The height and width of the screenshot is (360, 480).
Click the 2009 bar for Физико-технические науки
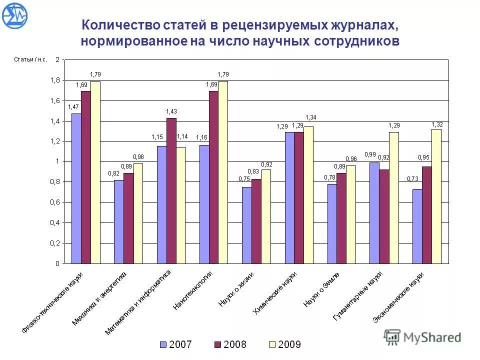(x=95, y=172)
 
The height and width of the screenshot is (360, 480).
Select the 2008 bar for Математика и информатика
(x=171, y=190)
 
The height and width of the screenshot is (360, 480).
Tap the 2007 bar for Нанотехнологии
(x=204, y=204)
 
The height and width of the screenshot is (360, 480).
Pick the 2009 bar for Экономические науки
(x=436, y=196)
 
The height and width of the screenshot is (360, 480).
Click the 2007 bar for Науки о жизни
(x=247, y=225)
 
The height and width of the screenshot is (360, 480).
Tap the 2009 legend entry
(x=284, y=344)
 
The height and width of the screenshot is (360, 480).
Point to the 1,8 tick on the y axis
(x=55, y=80)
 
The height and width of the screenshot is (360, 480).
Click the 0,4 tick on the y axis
(x=55, y=222)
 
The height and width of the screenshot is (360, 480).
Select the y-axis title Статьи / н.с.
(x=30, y=59)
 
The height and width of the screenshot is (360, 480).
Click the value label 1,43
(x=171, y=111)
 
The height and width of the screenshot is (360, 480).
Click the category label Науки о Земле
(x=322, y=289)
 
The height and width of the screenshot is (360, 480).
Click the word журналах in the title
(x=364, y=25)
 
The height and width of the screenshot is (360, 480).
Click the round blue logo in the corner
(x=15, y=15)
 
